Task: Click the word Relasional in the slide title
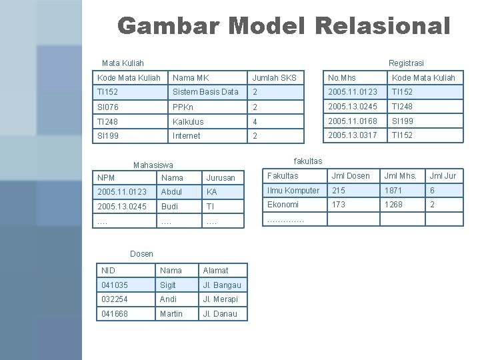(380, 26)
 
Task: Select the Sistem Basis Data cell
(205, 92)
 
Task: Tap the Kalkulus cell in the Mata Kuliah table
(188, 121)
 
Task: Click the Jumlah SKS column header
(274, 77)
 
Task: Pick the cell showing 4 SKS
(255, 121)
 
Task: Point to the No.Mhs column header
(341, 77)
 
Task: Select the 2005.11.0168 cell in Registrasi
(352, 121)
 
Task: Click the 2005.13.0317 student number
(352, 135)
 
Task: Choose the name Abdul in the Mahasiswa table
(171, 191)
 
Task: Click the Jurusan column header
(220, 177)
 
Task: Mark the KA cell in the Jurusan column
(212, 191)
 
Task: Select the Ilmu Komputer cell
(293, 191)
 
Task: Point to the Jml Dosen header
(351, 176)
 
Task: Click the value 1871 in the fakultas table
(394, 191)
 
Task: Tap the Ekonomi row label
(283, 205)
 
